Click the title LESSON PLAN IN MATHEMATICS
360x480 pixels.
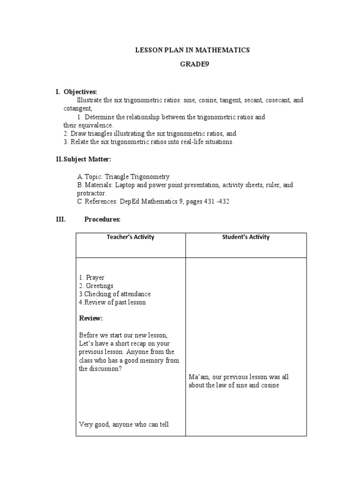coord(193,50)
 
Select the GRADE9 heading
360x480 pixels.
coord(193,65)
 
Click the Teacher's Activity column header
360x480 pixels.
coord(130,237)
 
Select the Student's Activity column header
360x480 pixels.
coord(246,237)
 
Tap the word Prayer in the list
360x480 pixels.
coord(95,278)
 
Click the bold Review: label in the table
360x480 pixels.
coord(91,319)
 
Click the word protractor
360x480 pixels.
coord(92,193)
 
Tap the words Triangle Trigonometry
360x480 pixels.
coord(137,177)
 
